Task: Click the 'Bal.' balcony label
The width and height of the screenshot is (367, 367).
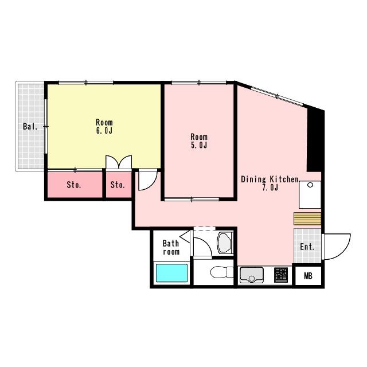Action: [30, 127]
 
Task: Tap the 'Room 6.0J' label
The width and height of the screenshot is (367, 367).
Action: [104, 126]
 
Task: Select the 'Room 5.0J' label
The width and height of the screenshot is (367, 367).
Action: [199, 141]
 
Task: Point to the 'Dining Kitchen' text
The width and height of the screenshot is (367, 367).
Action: [270, 179]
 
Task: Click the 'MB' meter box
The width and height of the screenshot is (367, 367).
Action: [308, 276]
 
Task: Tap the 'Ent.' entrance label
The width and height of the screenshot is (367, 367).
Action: [307, 247]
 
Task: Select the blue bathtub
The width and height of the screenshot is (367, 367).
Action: [172, 273]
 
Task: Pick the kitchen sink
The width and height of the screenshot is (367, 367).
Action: [251, 275]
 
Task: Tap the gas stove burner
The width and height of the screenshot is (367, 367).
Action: [281, 275]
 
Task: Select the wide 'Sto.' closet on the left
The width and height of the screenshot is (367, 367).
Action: [75, 185]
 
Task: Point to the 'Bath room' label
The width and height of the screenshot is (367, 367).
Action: [171, 247]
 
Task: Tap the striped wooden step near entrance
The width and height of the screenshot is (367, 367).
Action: [307, 219]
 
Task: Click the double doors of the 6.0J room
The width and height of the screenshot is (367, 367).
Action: [119, 162]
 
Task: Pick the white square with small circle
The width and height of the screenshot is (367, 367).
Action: [310, 195]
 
